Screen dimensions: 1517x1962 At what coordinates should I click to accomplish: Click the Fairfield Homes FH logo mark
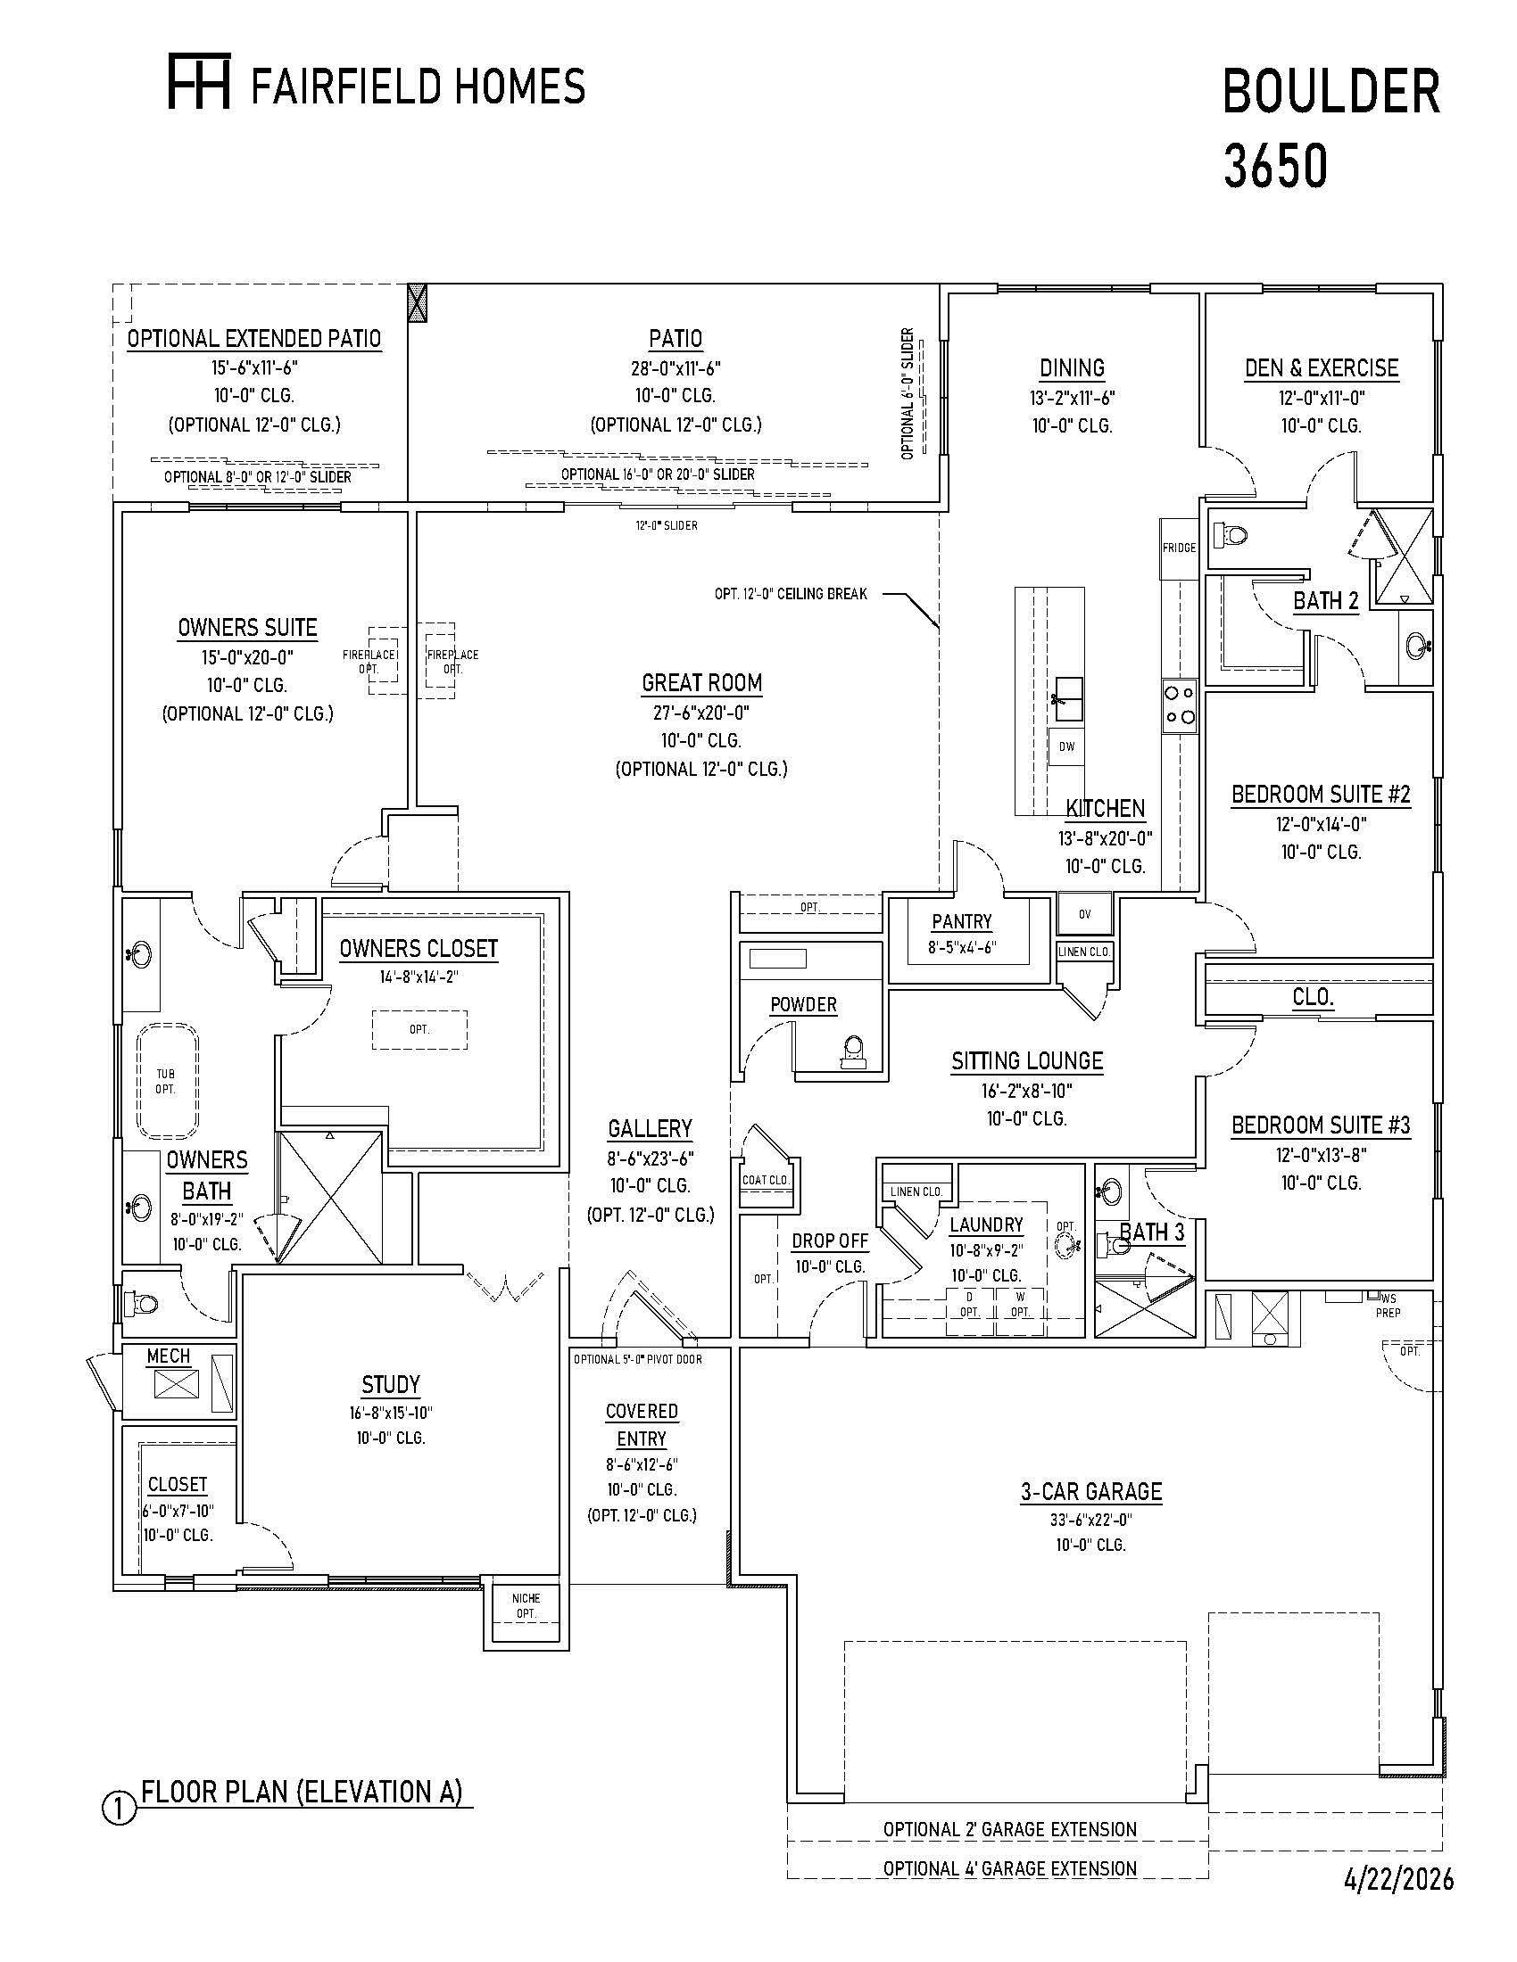coord(200,82)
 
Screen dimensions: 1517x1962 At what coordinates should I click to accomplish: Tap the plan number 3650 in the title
coord(1275,166)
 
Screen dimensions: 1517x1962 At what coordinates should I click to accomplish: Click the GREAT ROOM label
coord(702,684)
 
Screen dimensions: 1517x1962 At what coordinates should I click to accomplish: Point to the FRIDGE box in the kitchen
coord(1179,548)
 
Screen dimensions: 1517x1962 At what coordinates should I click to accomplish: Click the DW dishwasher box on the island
coord(1065,746)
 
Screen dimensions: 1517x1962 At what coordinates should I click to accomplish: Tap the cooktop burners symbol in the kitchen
coord(1180,705)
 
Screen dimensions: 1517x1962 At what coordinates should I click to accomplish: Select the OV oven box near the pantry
coord(1085,914)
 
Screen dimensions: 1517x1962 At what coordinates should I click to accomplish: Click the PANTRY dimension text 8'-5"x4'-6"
coord(961,947)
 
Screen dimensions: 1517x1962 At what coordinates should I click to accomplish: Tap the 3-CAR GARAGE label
coord(1091,1492)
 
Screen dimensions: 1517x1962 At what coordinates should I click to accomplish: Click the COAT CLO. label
coord(765,1180)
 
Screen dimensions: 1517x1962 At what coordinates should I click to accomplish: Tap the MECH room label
coord(168,1356)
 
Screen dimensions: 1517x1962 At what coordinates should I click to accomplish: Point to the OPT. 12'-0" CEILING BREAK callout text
coord(791,594)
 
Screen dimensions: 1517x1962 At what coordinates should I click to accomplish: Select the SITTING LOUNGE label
coord(1027,1061)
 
